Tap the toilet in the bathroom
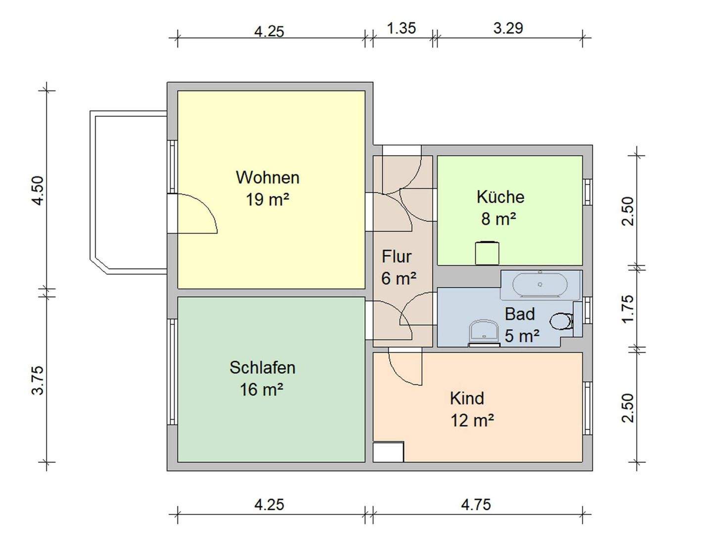(561, 321)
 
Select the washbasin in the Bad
(484, 332)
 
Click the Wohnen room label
(267, 177)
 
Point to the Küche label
(500, 197)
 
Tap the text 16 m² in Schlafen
(262, 390)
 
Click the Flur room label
(397, 257)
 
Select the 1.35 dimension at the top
(401, 28)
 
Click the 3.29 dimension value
(508, 28)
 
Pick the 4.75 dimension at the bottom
(476, 504)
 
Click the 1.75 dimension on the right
(627, 309)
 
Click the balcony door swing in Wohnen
(197, 214)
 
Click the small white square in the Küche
(487, 253)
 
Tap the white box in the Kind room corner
(388, 452)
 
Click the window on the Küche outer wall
(587, 192)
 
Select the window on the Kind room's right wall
(587, 408)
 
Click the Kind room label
(467, 398)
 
